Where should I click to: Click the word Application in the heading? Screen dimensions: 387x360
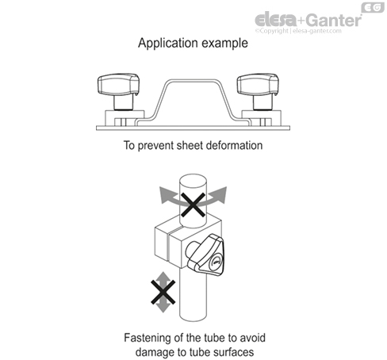[168, 44]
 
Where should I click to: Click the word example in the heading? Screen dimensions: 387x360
[224, 43]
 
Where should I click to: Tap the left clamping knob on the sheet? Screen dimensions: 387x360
[119, 90]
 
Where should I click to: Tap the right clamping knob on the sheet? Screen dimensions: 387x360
[258, 90]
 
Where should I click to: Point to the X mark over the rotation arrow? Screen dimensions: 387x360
[193, 205]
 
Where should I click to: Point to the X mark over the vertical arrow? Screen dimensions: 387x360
[163, 292]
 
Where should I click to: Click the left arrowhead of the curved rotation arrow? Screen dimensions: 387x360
[165, 195]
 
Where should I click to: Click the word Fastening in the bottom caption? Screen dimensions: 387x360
[148, 339]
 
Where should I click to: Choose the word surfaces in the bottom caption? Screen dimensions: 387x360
[233, 352]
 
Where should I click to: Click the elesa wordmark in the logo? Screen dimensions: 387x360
[276, 20]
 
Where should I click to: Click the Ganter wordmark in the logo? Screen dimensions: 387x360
[335, 20]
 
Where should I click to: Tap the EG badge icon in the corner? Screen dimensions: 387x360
[373, 7]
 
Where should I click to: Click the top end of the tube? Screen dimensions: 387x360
[193, 180]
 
